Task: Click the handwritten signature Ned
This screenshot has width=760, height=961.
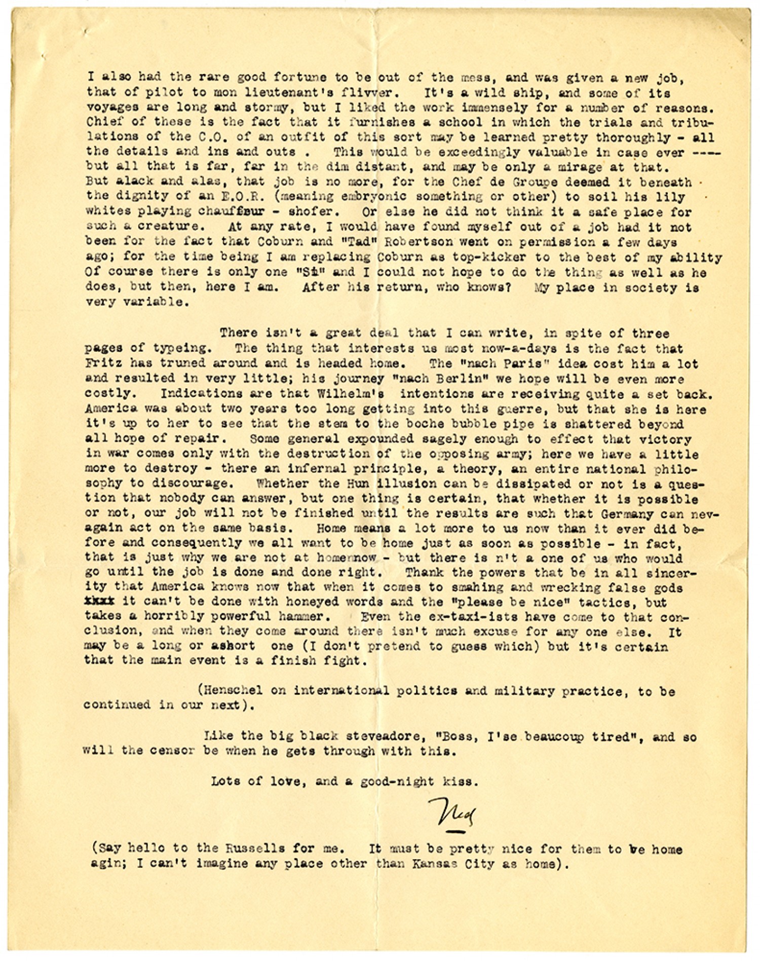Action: [450, 814]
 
